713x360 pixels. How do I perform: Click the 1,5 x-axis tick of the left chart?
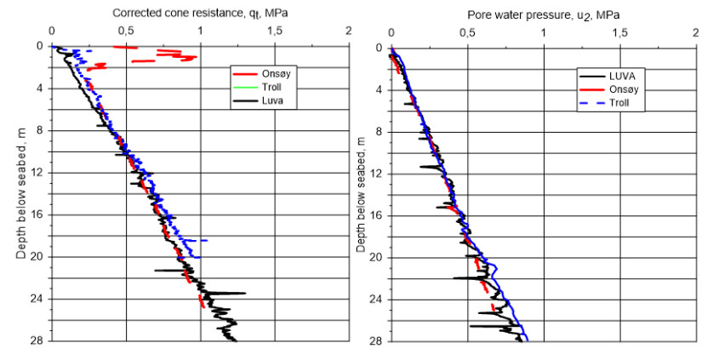click(x=274, y=31)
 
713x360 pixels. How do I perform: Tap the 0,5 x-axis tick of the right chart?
click(x=466, y=32)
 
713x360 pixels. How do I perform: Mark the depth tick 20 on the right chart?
click(x=378, y=257)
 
